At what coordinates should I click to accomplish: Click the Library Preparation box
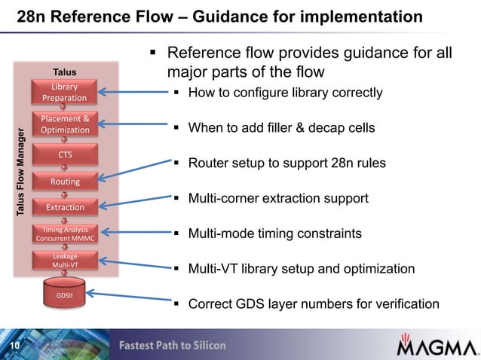pos(64,93)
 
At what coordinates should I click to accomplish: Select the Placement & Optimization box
pos(64,124)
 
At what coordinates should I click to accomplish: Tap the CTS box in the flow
pos(64,154)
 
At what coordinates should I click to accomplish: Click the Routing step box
pos(64,182)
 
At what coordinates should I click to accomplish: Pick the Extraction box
pos(64,207)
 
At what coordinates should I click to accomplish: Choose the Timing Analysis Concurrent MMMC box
pos(64,234)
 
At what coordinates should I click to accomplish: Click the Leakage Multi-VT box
pos(64,261)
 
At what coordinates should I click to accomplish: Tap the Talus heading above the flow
pos(64,72)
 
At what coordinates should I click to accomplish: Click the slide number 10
pos(14,346)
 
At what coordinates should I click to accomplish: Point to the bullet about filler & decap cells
pos(280,128)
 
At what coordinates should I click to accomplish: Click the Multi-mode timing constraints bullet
pos(274,234)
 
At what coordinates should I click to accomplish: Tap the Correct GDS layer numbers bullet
pos(313,304)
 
